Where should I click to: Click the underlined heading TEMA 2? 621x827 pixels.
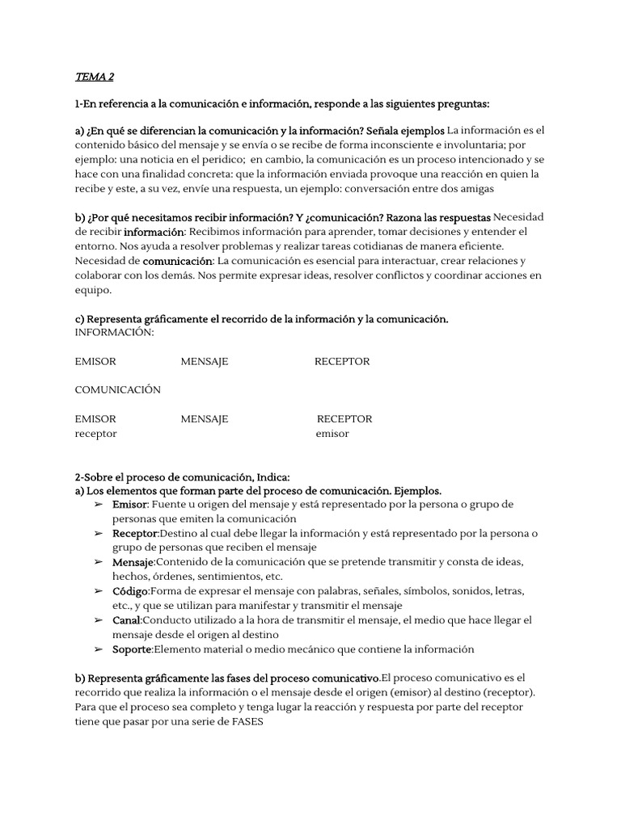tap(95, 77)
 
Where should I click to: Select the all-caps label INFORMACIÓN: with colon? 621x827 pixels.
tap(114, 333)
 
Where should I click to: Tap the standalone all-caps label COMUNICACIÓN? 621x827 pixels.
tap(118, 390)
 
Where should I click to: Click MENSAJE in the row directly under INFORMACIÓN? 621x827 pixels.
tap(205, 362)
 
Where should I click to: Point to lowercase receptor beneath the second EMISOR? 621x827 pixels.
tap(96, 434)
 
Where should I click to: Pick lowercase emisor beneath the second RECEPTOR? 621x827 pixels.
tap(332, 434)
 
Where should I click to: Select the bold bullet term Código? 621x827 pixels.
tap(130, 592)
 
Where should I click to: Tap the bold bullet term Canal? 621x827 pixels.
tap(127, 620)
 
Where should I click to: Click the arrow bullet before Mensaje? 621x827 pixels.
tap(99, 562)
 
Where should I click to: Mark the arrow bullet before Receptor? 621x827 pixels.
tap(99, 534)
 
